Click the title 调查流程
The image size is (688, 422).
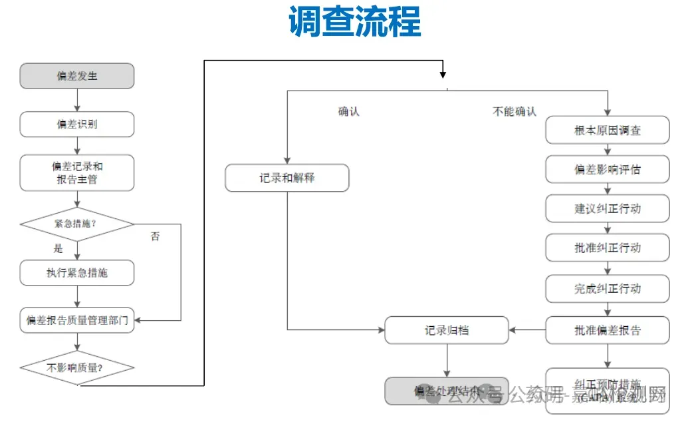[355, 23]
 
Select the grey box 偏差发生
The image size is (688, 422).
[77, 76]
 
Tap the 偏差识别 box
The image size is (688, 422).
[77, 124]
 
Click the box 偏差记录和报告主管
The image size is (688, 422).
[77, 172]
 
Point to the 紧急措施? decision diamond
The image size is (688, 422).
[77, 224]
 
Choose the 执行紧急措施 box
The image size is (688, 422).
[77, 272]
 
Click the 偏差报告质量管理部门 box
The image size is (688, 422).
[77, 321]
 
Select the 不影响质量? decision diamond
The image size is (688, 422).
[77, 367]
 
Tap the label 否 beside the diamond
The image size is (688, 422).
[155, 236]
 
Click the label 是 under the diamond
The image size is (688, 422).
[58, 249]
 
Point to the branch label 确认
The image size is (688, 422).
[348, 112]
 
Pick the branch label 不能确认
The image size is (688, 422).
[514, 112]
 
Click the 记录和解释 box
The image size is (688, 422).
[287, 178]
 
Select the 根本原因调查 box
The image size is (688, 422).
[608, 130]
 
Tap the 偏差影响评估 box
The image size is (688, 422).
[608, 170]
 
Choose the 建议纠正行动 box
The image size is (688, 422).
[608, 209]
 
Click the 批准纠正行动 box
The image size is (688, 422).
[608, 248]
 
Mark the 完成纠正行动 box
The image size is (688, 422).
[608, 289]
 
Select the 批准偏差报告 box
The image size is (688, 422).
[608, 330]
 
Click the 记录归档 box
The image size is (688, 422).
[447, 330]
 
